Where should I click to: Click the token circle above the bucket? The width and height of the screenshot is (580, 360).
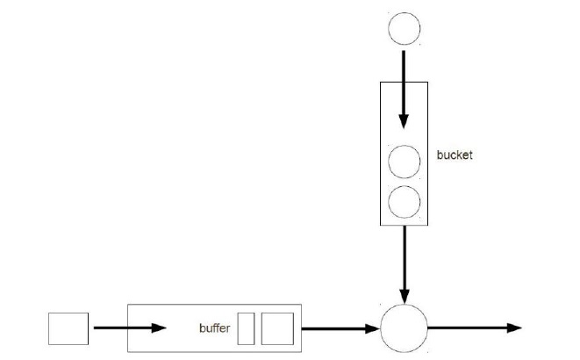tap(404, 29)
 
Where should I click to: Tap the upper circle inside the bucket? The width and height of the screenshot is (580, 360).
tap(404, 163)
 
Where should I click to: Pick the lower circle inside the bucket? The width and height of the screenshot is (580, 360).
tap(404, 202)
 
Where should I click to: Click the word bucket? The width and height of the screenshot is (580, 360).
tap(454, 156)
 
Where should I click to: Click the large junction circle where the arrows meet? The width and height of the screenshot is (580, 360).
tap(404, 328)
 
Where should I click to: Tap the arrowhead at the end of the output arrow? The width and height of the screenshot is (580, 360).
tap(514, 328)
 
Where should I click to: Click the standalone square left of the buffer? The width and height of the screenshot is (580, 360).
tap(68, 328)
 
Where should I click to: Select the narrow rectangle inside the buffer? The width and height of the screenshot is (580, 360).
tap(246, 328)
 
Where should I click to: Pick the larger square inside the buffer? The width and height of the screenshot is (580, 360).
tap(276, 328)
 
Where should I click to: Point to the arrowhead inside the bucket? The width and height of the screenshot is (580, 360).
tap(404, 121)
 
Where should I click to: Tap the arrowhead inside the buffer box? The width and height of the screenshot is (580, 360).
tap(159, 328)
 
